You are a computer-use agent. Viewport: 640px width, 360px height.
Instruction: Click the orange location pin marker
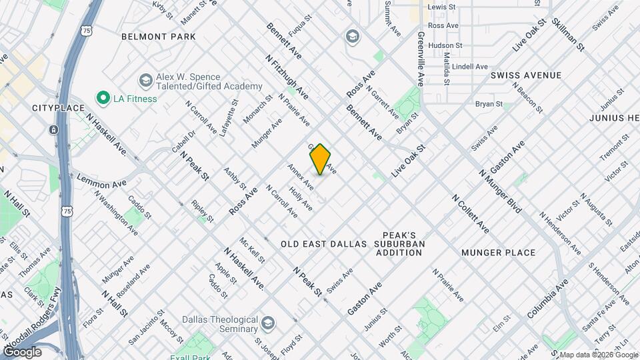(x=320, y=159)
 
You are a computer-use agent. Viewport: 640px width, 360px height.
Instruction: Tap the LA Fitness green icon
(x=103, y=99)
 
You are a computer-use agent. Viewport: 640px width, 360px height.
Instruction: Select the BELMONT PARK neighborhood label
(x=159, y=37)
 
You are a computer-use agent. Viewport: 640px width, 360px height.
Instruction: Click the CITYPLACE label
(x=58, y=108)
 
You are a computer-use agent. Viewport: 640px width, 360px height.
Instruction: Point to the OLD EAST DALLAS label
(x=324, y=244)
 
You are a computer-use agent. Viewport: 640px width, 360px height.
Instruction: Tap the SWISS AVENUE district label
(x=526, y=75)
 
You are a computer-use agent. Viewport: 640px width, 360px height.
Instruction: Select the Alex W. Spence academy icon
(x=145, y=81)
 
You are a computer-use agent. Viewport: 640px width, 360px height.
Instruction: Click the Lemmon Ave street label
(x=101, y=180)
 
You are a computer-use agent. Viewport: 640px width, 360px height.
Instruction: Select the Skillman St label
(x=568, y=35)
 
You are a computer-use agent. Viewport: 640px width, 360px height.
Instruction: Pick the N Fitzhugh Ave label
(x=287, y=77)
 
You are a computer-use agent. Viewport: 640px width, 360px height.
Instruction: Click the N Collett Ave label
(x=470, y=214)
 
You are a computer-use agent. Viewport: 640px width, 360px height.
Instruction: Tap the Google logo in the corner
(x=23, y=351)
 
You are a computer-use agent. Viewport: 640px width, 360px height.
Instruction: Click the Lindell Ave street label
(x=470, y=67)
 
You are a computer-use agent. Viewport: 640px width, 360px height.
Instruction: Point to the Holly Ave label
(x=301, y=198)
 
